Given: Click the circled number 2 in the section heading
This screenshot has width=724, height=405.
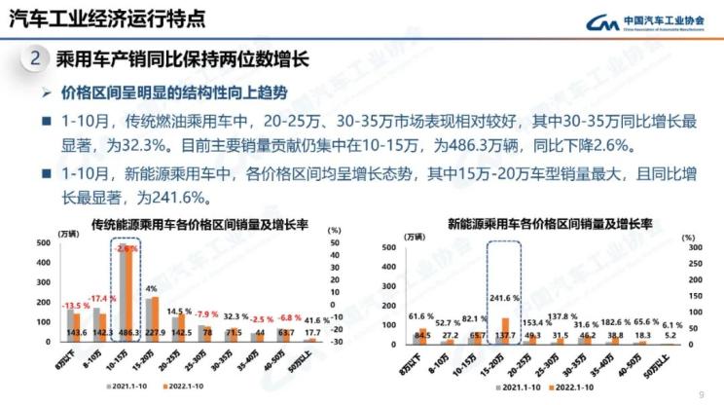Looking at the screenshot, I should point(35,58).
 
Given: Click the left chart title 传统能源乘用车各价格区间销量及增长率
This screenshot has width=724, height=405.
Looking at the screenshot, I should point(199,225).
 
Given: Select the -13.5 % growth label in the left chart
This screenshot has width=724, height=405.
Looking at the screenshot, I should point(48,306).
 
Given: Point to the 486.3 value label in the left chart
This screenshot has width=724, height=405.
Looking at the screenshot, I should point(127,332).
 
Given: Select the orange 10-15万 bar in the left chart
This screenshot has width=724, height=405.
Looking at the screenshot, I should point(129,292).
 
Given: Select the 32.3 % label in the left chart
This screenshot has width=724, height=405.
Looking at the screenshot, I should point(235,316).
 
